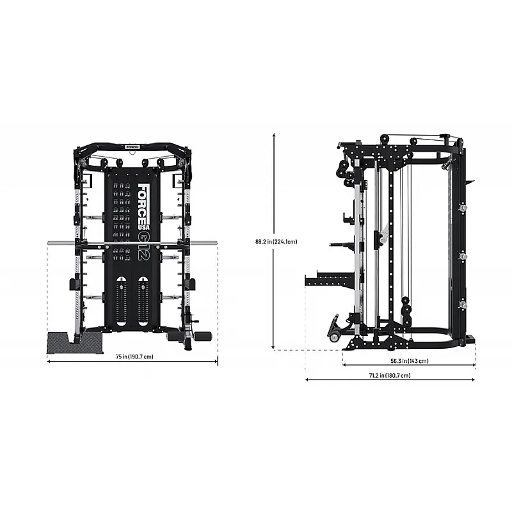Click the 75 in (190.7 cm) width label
(133, 356)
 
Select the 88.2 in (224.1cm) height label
(276, 242)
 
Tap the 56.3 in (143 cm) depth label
(409, 361)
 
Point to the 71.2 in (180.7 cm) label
(390, 376)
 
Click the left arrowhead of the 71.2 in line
(307, 380)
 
